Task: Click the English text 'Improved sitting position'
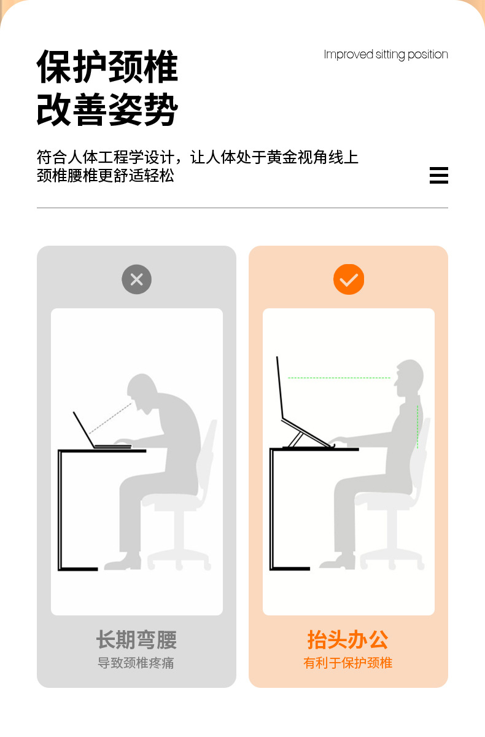[x=386, y=55]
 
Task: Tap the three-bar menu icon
[x=438, y=175]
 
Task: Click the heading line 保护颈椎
[x=107, y=66]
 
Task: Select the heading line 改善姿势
[x=107, y=110]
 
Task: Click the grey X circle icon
[x=136, y=280]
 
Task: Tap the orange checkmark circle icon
[x=349, y=280]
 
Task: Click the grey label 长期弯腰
[x=136, y=640]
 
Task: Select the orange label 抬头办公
[x=348, y=640]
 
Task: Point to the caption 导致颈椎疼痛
[x=136, y=663]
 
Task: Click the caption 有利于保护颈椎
[x=348, y=663]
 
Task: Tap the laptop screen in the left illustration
[x=83, y=429]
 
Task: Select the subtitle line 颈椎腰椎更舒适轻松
[x=106, y=176]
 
